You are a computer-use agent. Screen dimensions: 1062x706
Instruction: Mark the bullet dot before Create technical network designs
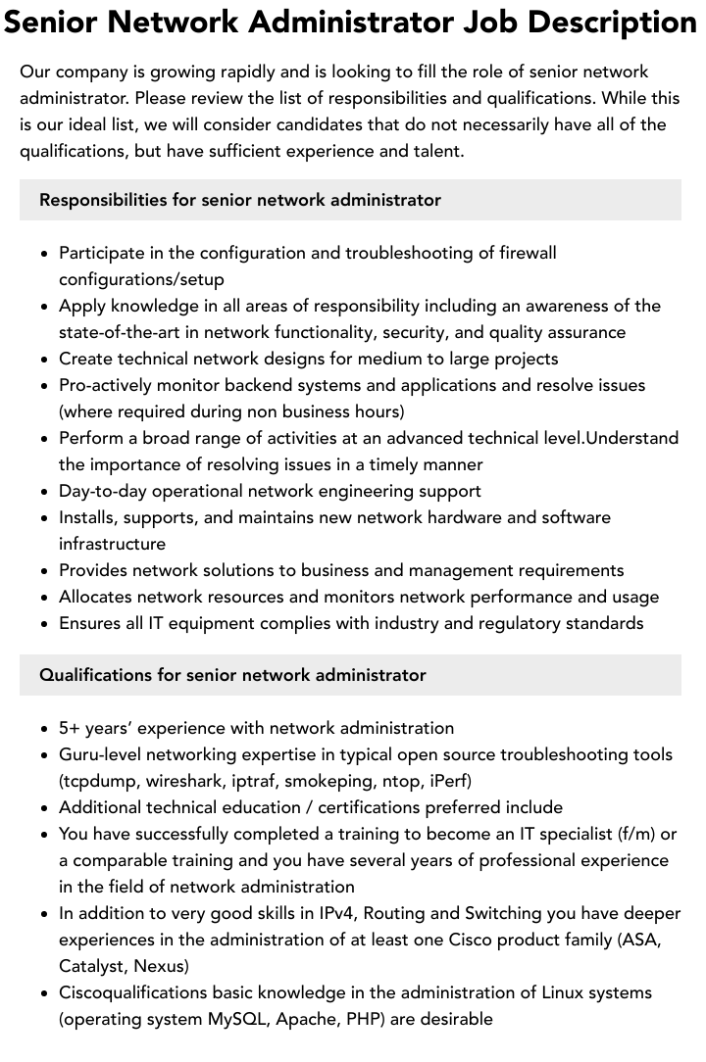click(x=45, y=360)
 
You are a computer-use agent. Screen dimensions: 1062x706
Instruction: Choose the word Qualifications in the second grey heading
click(x=96, y=675)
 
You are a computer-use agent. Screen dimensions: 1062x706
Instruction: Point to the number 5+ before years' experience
click(x=70, y=728)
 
